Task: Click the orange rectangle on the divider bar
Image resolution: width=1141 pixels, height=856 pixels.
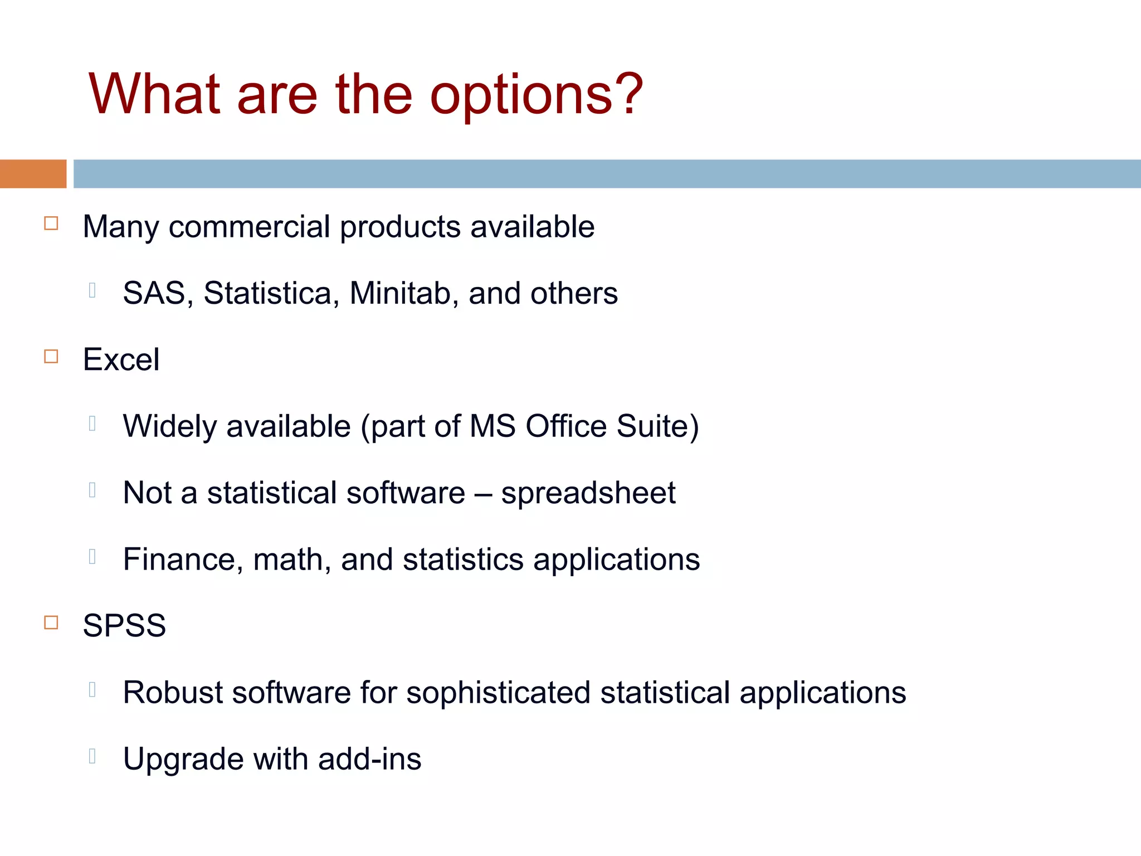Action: click(x=33, y=174)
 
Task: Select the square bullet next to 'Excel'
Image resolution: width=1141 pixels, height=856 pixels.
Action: click(x=51, y=356)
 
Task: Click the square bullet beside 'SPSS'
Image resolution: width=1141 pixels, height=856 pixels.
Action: click(x=51, y=622)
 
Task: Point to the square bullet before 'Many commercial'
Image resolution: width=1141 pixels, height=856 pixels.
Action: click(x=51, y=223)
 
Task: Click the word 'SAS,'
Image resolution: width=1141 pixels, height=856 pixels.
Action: click(x=158, y=293)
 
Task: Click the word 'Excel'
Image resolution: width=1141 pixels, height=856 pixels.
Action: click(x=121, y=359)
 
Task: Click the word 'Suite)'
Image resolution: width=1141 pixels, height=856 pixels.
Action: click(x=657, y=426)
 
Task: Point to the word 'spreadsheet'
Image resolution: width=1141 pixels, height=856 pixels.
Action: click(x=588, y=493)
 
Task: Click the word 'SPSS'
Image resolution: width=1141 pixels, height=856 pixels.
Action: click(x=124, y=626)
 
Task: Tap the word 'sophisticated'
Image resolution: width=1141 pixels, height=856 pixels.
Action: click(x=498, y=693)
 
